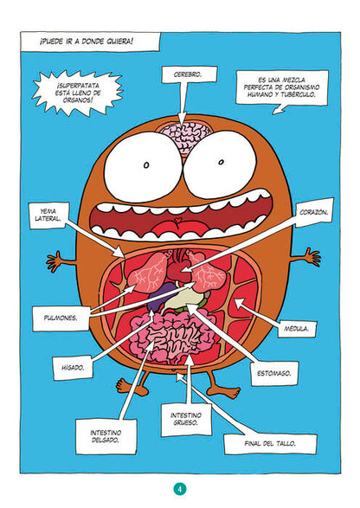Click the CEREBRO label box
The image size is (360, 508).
[190, 74]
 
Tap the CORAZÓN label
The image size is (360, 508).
[314, 213]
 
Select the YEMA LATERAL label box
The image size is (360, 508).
[49, 215]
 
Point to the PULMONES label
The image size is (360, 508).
[61, 318]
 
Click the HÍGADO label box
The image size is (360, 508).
[73, 368]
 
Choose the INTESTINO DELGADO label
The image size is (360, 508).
[106, 436]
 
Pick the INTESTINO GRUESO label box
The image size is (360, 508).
[186, 419]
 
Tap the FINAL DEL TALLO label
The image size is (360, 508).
[270, 444]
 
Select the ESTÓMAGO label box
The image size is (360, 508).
[274, 373]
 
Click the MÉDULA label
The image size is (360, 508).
[297, 329]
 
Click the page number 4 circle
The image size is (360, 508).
[180, 489]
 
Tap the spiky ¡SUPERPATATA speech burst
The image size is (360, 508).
[78, 93]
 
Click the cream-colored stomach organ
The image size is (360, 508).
[182, 299]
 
